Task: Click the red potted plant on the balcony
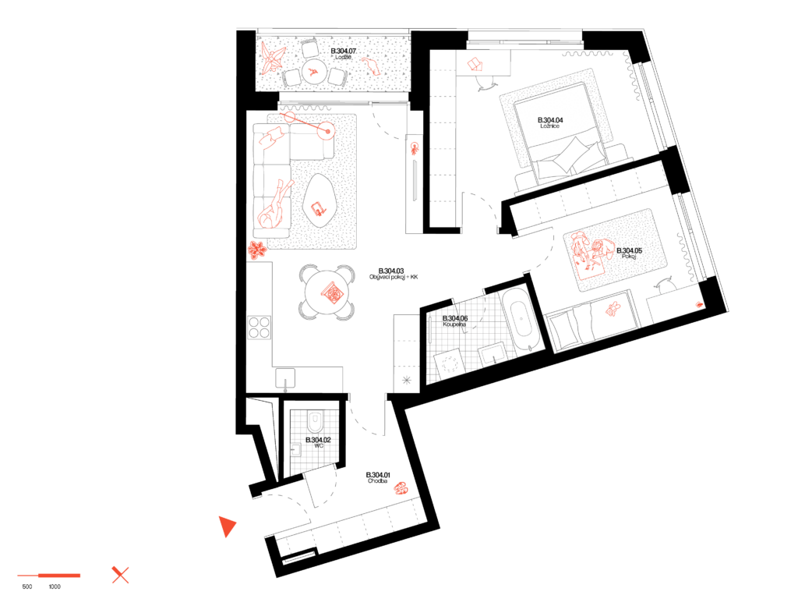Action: pyautogui.click(x=272, y=58)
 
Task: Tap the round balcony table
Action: pyautogui.click(x=314, y=72)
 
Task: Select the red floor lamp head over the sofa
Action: pyautogui.click(x=327, y=131)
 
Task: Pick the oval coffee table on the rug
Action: pyautogui.click(x=320, y=200)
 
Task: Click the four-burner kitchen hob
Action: pyautogui.click(x=259, y=327)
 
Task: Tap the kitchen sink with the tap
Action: pyautogui.click(x=285, y=379)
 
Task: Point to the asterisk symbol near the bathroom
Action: pyautogui.click(x=407, y=381)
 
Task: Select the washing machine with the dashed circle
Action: pyautogui.click(x=450, y=364)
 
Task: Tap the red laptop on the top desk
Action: pyautogui.click(x=475, y=64)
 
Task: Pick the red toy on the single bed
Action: pyautogui.click(x=613, y=310)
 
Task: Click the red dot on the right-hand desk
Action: pyautogui.click(x=699, y=304)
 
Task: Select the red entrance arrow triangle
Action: pyautogui.click(x=226, y=526)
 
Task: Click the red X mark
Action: pyautogui.click(x=120, y=576)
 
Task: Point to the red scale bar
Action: pyautogui.click(x=49, y=576)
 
